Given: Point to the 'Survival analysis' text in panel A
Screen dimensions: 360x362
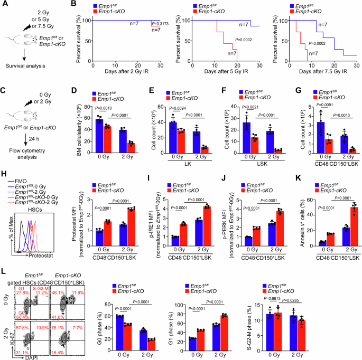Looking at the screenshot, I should [x=24, y=67].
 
